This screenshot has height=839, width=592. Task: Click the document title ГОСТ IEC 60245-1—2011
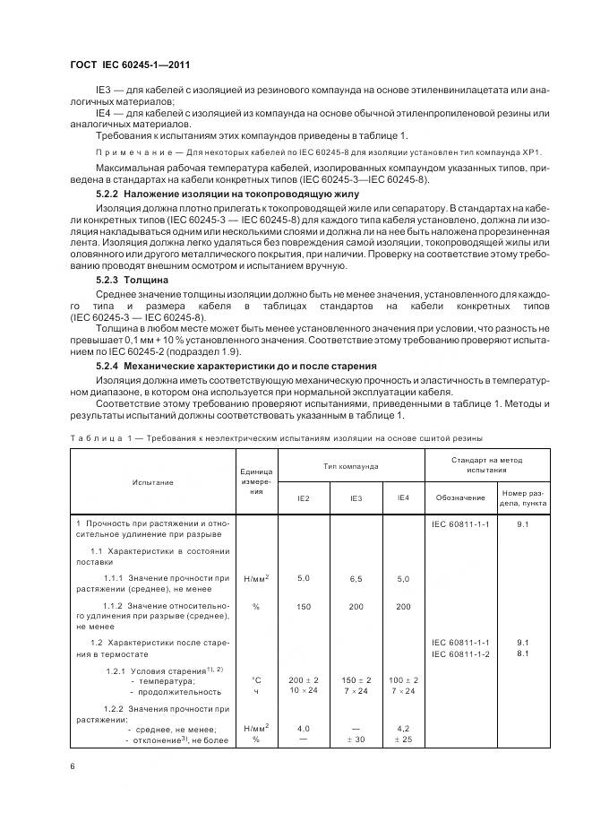130,65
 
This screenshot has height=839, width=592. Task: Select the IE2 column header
304,497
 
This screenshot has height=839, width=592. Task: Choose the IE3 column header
356,497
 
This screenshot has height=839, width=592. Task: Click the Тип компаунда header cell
351,466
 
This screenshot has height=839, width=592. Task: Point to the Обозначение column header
460,497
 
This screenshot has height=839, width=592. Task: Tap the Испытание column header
152,482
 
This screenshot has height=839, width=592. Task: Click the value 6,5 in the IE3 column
356,579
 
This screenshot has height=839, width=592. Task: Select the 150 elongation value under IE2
304,607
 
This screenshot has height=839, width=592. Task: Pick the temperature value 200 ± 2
304,680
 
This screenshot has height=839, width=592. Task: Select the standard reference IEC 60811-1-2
460,653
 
